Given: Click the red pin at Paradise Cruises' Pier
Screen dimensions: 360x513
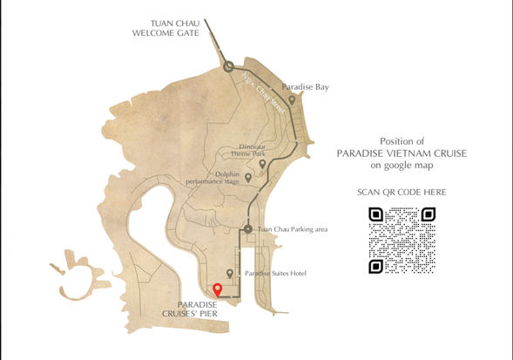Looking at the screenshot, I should pyautogui.click(x=218, y=289).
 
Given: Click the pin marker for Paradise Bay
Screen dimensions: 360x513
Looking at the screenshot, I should pyautogui.click(x=292, y=99).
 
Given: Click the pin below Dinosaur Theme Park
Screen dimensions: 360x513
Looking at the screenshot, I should pyautogui.click(x=262, y=164).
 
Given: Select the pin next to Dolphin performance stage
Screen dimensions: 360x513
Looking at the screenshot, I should pyautogui.click(x=248, y=177).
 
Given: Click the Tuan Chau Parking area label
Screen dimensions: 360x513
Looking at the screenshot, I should pyautogui.click(x=293, y=229).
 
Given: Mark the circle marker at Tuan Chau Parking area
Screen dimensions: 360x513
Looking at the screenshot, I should pyautogui.click(x=248, y=229).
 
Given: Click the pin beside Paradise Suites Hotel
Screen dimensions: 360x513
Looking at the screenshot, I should pyautogui.click(x=230, y=274).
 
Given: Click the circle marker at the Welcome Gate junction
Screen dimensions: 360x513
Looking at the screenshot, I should pyautogui.click(x=228, y=66).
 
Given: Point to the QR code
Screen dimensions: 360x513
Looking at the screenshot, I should pyautogui.click(x=402, y=240).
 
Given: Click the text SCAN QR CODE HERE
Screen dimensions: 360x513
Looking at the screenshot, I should pyautogui.click(x=402, y=192).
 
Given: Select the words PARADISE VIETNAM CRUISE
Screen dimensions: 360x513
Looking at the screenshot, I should pyautogui.click(x=402, y=153).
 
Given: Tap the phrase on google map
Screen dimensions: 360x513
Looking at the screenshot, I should pyautogui.click(x=402, y=164).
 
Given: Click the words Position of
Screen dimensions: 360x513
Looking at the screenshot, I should pyautogui.click(x=402, y=140).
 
